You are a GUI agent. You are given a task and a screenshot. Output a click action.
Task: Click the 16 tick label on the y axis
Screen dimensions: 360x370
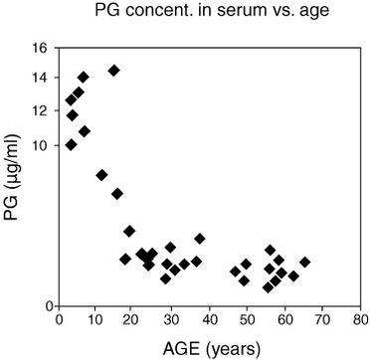(39, 47)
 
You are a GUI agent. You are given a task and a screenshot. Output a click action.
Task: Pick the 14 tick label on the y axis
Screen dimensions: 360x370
(39, 79)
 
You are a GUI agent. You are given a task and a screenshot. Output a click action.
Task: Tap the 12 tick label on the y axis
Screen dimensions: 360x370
(39, 111)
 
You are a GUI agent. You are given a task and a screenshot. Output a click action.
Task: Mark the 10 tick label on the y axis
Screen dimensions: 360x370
(39, 145)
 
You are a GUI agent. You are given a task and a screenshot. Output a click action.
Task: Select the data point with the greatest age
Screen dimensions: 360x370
(304, 263)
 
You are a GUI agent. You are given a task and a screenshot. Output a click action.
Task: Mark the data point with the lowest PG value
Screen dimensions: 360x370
(268, 287)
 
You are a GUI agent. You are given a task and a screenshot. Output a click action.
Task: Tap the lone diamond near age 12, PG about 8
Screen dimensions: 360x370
(101, 175)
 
